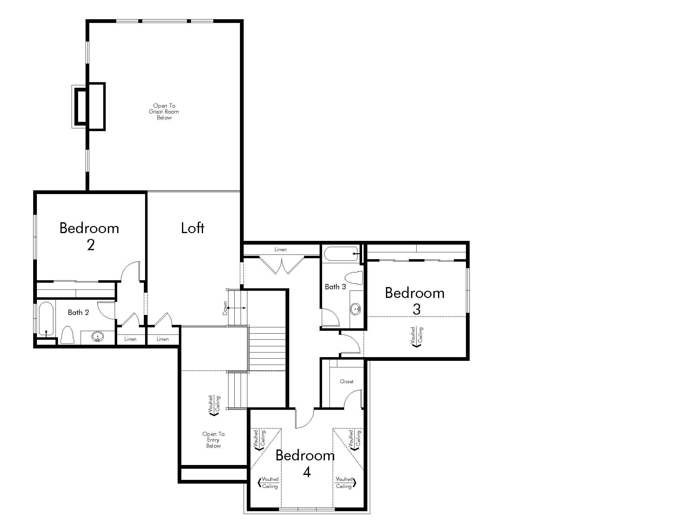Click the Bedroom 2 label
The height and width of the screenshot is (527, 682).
(89, 236)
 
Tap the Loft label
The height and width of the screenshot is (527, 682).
(193, 228)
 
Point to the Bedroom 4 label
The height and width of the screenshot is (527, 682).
(305, 464)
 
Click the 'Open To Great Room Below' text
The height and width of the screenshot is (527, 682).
(164, 112)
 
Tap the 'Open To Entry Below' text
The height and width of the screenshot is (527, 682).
(214, 440)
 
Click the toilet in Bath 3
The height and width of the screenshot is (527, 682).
(354, 278)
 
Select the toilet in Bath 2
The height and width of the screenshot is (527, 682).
(67, 335)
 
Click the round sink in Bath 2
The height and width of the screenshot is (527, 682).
(98, 337)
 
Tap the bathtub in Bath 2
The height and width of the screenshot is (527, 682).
(46, 319)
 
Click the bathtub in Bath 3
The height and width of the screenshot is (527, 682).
(341, 254)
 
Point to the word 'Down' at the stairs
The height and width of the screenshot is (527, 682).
(225, 308)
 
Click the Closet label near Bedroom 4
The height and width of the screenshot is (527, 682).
(347, 382)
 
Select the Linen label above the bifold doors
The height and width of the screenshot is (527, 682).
(281, 250)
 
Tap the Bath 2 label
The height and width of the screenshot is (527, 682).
(78, 312)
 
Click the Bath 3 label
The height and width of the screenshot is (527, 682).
(335, 287)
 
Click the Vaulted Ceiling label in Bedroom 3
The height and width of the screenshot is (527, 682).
(417, 337)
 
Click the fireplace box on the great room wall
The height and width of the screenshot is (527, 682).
(88, 106)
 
